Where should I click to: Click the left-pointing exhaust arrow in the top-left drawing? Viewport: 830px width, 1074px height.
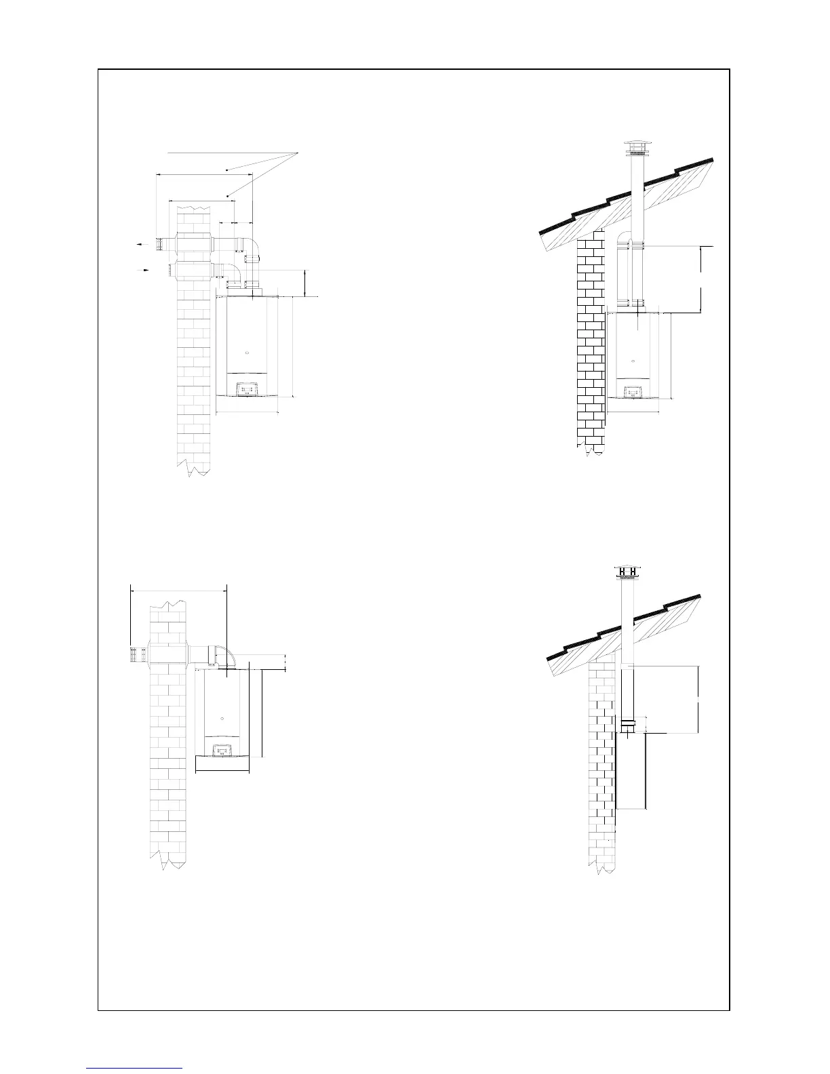pyautogui.click(x=142, y=243)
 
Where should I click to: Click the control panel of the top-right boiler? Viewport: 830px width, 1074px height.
pyautogui.click(x=633, y=392)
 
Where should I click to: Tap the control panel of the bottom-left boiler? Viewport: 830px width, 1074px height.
pyautogui.click(x=222, y=749)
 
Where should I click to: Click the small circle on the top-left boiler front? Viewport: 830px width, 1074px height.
pyautogui.click(x=247, y=353)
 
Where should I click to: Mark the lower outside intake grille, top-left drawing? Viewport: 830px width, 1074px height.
pyautogui.click(x=165, y=271)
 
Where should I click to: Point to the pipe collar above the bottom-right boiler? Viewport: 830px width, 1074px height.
pyautogui.click(x=627, y=723)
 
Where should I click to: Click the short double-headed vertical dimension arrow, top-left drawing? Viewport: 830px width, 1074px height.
pyautogui.click(x=305, y=283)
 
